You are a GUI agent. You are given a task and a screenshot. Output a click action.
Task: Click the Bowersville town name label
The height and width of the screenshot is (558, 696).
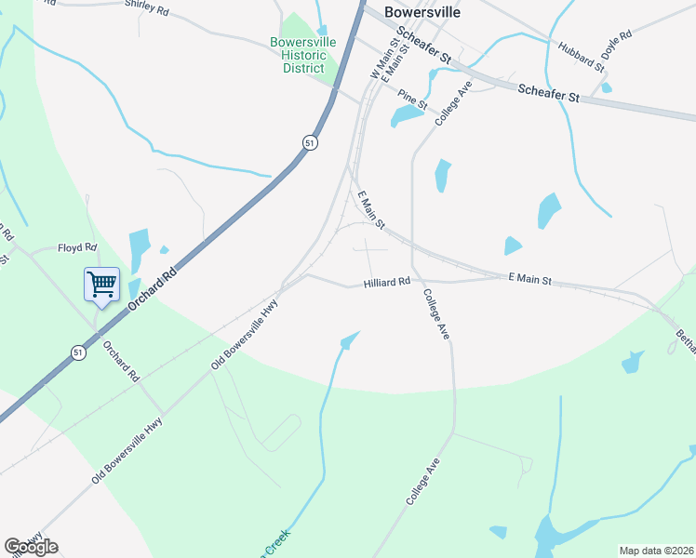coord(422,13)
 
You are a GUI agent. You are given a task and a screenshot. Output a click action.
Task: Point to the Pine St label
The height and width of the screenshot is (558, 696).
coord(411,100)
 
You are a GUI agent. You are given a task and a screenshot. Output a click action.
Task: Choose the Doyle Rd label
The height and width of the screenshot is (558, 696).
coord(617,46)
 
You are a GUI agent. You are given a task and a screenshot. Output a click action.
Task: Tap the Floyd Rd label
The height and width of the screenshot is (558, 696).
coord(77,248)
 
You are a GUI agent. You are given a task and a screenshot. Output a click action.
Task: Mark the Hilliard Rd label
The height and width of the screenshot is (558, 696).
coord(387,281)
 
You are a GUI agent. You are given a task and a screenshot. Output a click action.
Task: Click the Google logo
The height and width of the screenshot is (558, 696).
coord(31,547)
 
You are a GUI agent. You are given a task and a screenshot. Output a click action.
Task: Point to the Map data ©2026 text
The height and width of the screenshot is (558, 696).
coord(656,551)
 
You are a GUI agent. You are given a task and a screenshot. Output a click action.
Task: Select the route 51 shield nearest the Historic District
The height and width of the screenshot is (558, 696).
coord(310,142)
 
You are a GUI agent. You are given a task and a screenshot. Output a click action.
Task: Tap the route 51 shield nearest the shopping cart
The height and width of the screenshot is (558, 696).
coord(77,352)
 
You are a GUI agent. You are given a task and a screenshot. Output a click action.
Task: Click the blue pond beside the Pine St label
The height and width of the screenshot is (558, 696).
coord(406,116)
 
